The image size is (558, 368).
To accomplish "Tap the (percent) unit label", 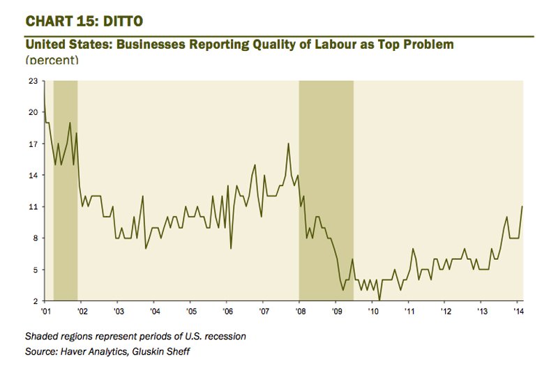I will pyautogui.click(x=52, y=61).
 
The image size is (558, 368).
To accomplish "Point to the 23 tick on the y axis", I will pyautogui.click(x=32, y=81).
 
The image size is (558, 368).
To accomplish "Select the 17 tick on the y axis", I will pyautogui.click(x=32, y=144).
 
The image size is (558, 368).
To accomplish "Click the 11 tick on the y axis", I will pyautogui.click(x=32, y=207).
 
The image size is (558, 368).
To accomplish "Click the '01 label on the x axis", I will pyautogui.click(x=45, y=311).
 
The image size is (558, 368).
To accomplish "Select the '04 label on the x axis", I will pyautogui.click(x=153, y=311).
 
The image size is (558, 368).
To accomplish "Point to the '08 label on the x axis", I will pyautogui.click(x=299, y=311).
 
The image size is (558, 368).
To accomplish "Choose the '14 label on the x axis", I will pyautogui.click(x=518, y=311).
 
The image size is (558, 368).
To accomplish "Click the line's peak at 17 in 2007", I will pyautogui.click(x=288, y=144).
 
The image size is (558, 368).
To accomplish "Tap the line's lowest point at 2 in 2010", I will pyautogui.click(x=379, y=300).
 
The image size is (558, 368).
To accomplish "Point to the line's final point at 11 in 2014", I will pyautogui.click(x=522, y=206).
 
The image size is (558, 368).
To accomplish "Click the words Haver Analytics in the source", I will pyautogui.click(x=101, y=351).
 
